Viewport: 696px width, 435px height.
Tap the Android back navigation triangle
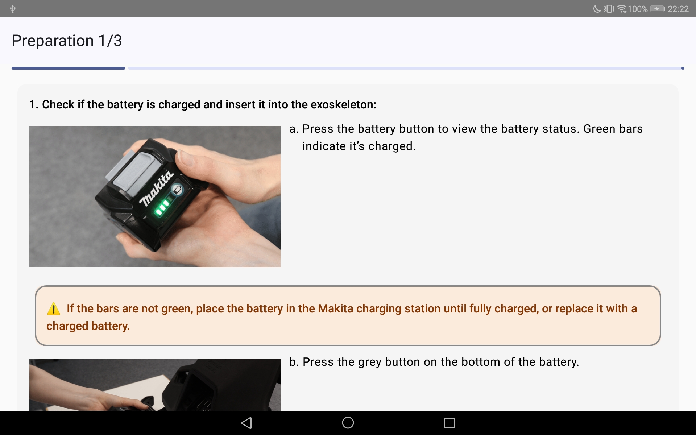pyautogui.click(x=246, y=423)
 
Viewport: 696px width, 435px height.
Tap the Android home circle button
pyautogui.click(x=348, y=423)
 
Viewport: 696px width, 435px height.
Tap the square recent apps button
pyautogui.click(x=449, y=423)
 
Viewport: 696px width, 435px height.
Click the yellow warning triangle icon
pyautogui.click(x=54, y=308)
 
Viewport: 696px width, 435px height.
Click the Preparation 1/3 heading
pyautogui.click(x=67, y=41)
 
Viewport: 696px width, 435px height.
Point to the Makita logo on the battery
pyautogui.click(x=157, y=188)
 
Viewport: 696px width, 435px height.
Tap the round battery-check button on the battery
pyautogui.click(x=177, y=190)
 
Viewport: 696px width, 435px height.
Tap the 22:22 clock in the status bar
pyautogui.click(x=678, y=9)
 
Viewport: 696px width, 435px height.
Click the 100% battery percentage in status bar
pyautogui.click(x=638, y=9)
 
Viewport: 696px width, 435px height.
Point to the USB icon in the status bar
pyautogui.click(x=13, y=9)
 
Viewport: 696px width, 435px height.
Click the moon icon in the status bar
pyautogui.click(x=597, y=9)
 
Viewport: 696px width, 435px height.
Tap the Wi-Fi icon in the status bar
pyautogui.click(x=622, y=9)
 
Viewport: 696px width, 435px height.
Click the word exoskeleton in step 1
pyautogui.click(x=343, y=104)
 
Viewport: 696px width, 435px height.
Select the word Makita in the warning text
pyautogui.click(x=335, y=308)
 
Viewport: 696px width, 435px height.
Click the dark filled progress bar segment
pyautogui.click(x=68, y=68)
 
